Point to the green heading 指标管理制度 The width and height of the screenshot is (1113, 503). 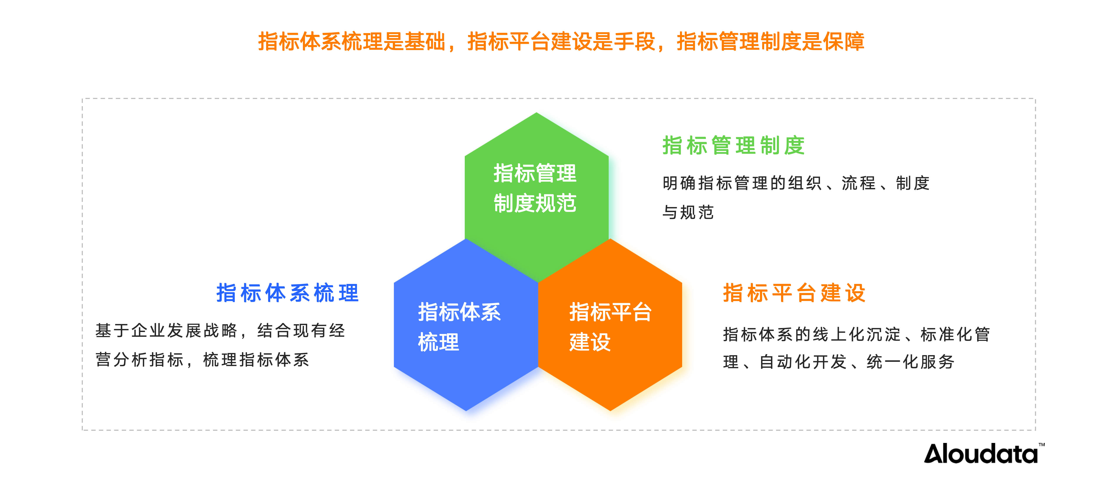(x=734, y=145)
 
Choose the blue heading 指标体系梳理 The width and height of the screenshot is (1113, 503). (x=287, y=293)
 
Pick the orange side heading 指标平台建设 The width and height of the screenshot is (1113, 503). (x=794, y=293)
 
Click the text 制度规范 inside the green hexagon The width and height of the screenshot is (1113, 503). (x=535, y=203)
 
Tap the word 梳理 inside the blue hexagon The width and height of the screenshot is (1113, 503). (x=438, y=342)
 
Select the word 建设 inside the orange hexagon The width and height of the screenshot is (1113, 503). (x=590, y=342)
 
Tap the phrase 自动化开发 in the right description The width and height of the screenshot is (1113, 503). (x=803, y=362)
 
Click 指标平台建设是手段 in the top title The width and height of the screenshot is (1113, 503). (x=561, y=42)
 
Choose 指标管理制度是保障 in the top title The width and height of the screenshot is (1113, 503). (x=770, y=42)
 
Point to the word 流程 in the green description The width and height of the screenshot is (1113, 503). (x=858, y=183)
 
